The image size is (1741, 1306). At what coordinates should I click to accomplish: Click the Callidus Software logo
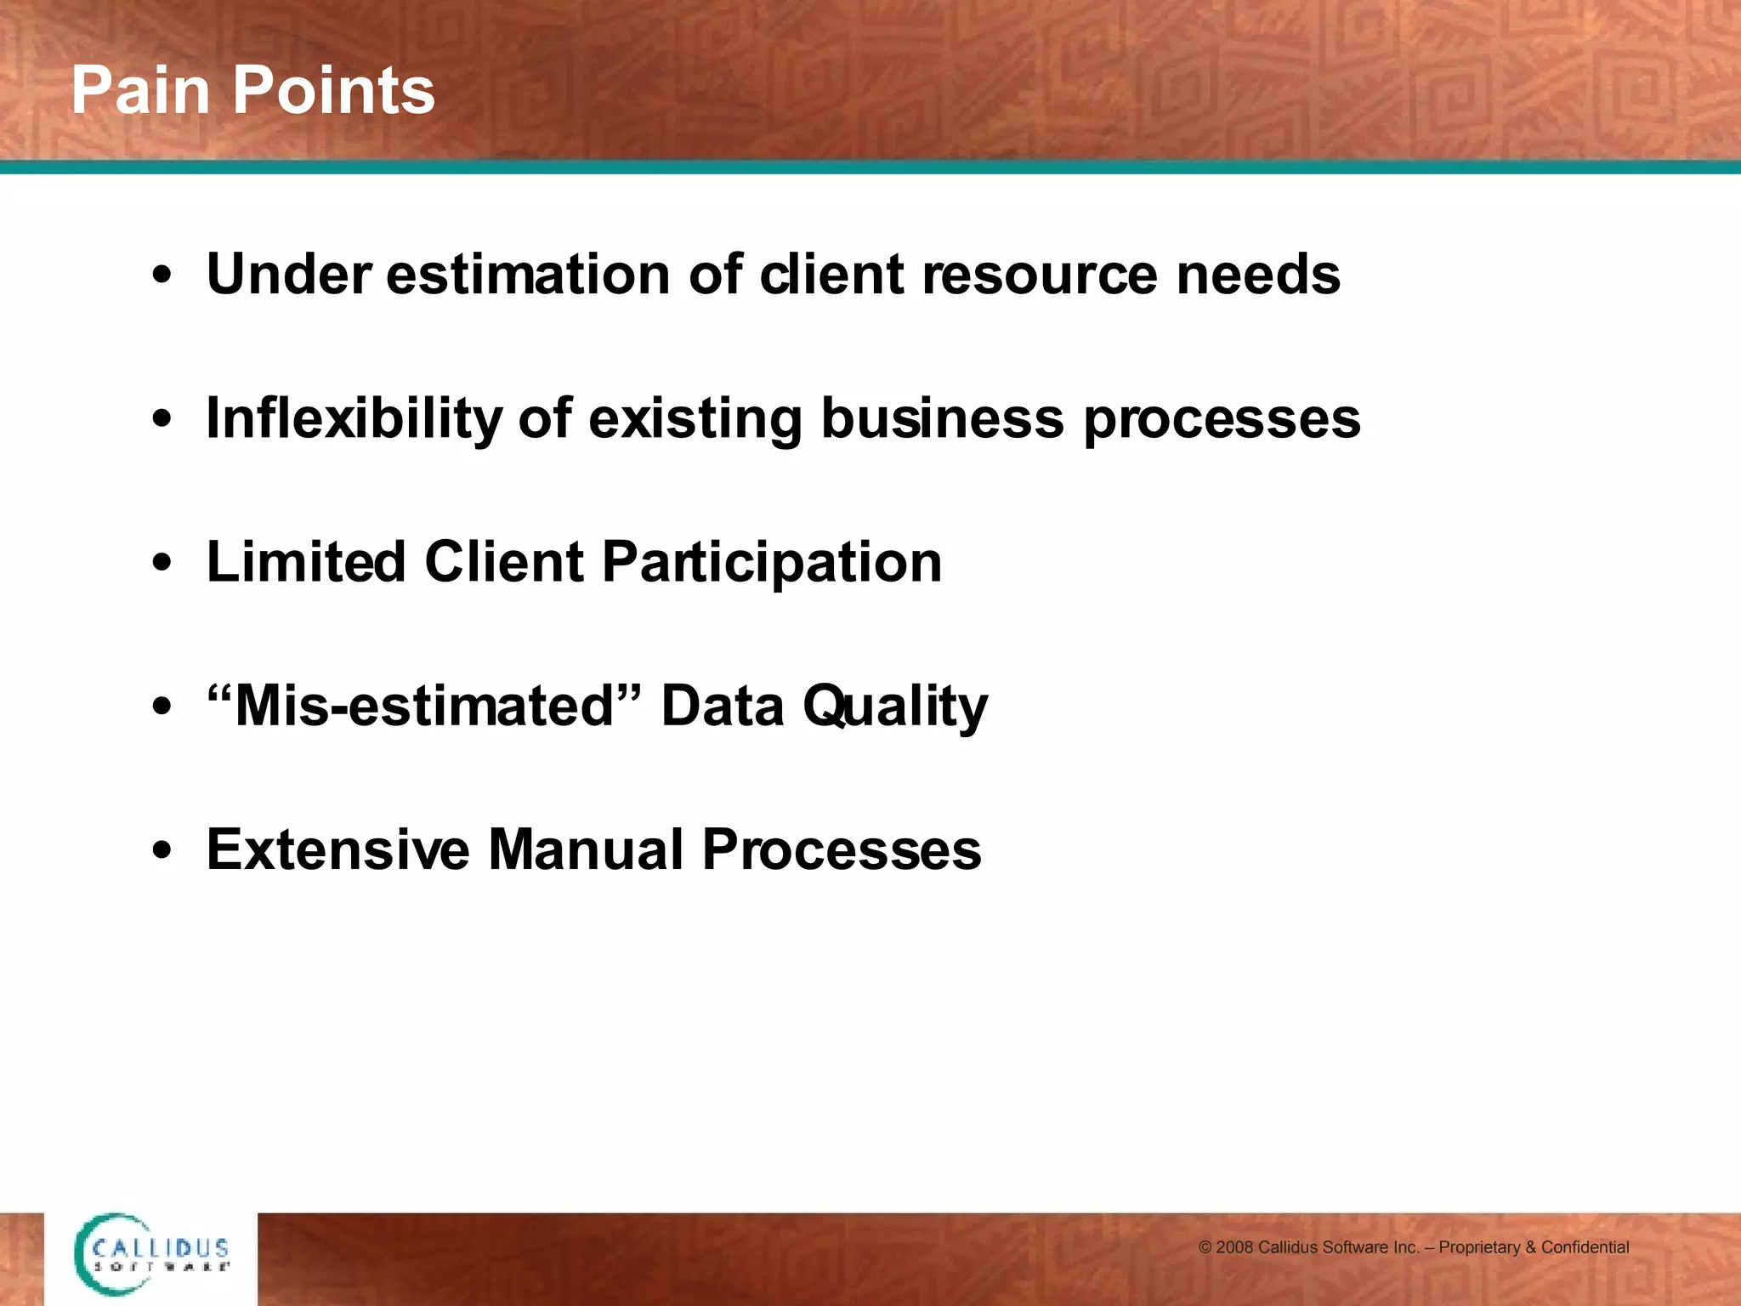tap(151, 1255)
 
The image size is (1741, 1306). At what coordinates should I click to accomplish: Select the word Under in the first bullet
tap(289, 275)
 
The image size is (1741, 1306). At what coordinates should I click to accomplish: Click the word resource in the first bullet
tap(1039, 276)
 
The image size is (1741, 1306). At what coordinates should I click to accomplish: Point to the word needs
tap(1258, 275)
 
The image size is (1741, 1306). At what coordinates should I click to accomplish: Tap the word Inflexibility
tap(354, 419)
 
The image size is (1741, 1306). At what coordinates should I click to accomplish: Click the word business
tap(942, 419)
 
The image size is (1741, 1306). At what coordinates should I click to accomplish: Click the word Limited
tap(306, 562)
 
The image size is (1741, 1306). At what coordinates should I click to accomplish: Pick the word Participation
tap(772, 564)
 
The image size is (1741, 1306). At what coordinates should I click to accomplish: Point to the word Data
tap(723, 706)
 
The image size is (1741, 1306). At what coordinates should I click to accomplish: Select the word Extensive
tap(337, 849)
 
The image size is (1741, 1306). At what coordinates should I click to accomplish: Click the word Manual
tap(586, 849)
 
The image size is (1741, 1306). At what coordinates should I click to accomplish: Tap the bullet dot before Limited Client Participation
tap(162, 564)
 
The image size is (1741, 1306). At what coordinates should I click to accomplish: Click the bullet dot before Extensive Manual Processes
tap(162, 851)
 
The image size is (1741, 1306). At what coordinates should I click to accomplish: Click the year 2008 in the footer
tap(1234, 1247)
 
